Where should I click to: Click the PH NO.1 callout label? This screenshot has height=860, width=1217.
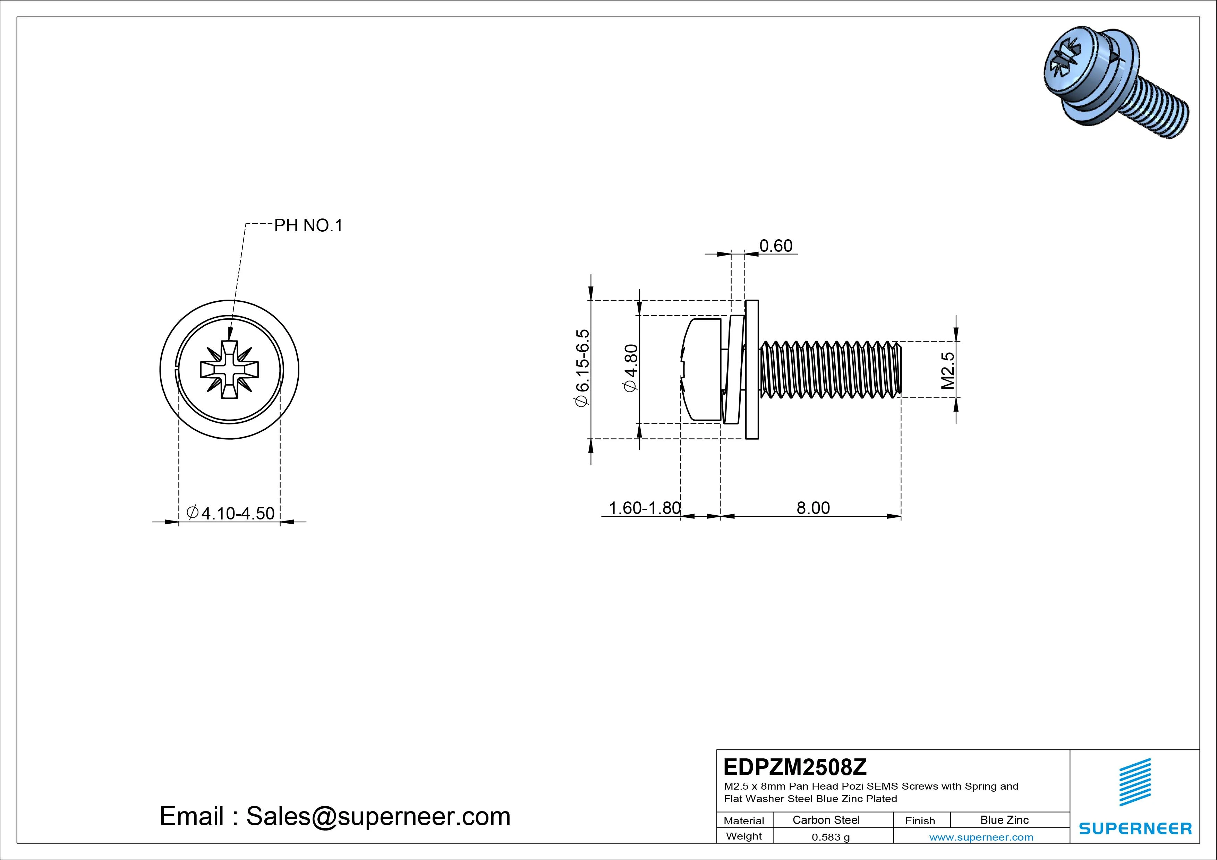pyautogui.click(x=308, y=226)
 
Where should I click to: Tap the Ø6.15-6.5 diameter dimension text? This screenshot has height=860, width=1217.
pyautogui.click(x=582, y=368)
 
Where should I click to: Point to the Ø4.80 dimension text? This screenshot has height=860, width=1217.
pyautogui.click(x=631, y=368)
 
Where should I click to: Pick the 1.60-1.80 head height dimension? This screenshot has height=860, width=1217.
pyautogui.click(x=644, y=508)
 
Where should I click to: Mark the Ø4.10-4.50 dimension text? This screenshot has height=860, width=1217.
pyautogui.click(x=231, y=513)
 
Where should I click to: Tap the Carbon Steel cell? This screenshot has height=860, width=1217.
pyautogui.click(x=826, y=820)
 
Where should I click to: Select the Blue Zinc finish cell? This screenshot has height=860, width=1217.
pyautogui.click(x=1004, y=820)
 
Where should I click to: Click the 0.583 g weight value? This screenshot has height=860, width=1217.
pyautogui.click(x=831, y=837)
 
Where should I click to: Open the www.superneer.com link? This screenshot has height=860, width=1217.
pyautogui.click(x=981, y=837)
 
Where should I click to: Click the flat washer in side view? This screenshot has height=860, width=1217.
pyautogui.click(x=752, y=369)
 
